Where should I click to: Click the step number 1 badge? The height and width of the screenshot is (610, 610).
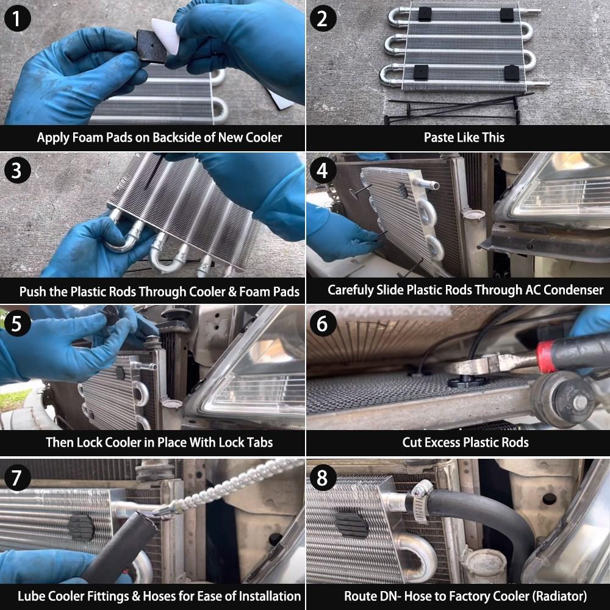point(18,18)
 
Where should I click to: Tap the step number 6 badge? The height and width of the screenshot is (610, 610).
point(323,323)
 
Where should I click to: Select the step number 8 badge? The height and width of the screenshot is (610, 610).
point(323,478)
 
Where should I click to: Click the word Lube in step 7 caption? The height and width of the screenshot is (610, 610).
point(30,596)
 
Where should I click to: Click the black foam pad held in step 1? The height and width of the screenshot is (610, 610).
point(152,46)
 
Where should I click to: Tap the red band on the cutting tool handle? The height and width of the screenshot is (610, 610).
point(545,356)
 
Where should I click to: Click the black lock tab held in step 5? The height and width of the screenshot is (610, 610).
point(111,314)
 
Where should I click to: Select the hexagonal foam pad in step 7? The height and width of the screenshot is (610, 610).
point(81,528)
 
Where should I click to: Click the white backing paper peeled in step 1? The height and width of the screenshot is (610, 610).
point(166,35)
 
